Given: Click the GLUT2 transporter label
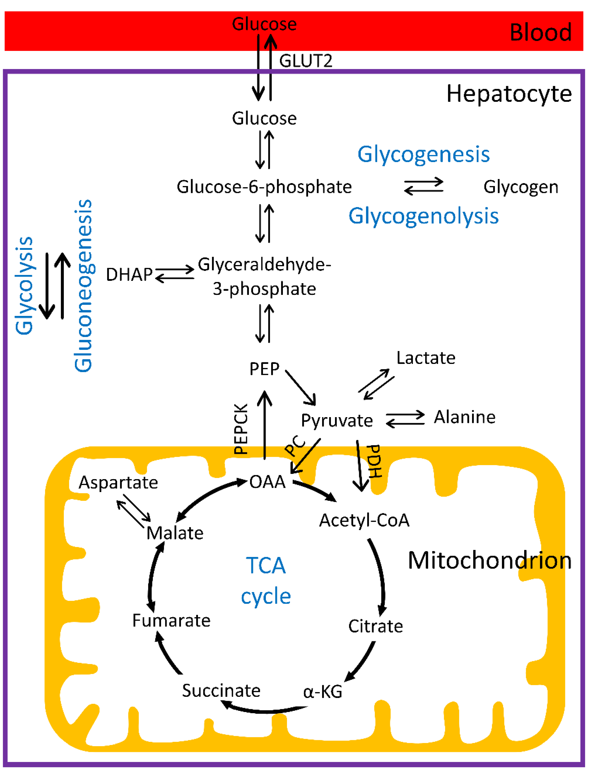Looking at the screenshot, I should [x=305, y=61].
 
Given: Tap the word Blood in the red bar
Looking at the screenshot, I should [x=540, y=33].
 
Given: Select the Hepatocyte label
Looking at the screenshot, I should [x=509, y=94].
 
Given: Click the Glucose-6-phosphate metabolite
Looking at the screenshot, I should [x=264, y=187].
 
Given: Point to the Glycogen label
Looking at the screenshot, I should [x=521, y=187].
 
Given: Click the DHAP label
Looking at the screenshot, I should [x=129, y=275].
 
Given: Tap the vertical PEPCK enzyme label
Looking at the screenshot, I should [x=241, y=429].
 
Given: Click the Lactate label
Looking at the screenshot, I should [x=426, y=358].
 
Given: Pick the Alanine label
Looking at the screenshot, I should [x=464, y=417].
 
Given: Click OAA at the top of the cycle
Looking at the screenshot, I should [x=267, y=482].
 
